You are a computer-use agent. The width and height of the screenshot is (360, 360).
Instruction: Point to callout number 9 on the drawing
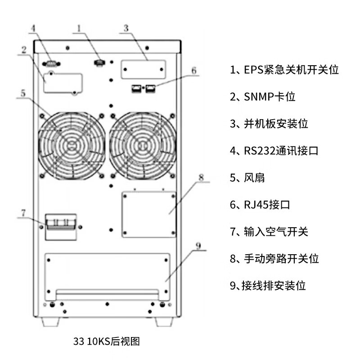click(x=198, y=246)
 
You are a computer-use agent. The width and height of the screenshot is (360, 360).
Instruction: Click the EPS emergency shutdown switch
click(x=99, y=63)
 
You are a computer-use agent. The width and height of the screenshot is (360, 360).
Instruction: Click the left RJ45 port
click(x=135, y=88)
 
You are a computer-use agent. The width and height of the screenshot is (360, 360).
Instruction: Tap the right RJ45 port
click(x=149, y=88)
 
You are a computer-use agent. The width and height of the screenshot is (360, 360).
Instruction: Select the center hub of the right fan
click(x=142, y=144)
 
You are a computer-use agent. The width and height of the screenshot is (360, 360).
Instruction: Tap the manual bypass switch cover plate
click(x=148, y=214)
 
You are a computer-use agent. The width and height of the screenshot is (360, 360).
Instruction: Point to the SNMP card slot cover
click(x=63, y=83)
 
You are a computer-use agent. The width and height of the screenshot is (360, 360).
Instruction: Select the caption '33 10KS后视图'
click(x=107, y=341)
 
